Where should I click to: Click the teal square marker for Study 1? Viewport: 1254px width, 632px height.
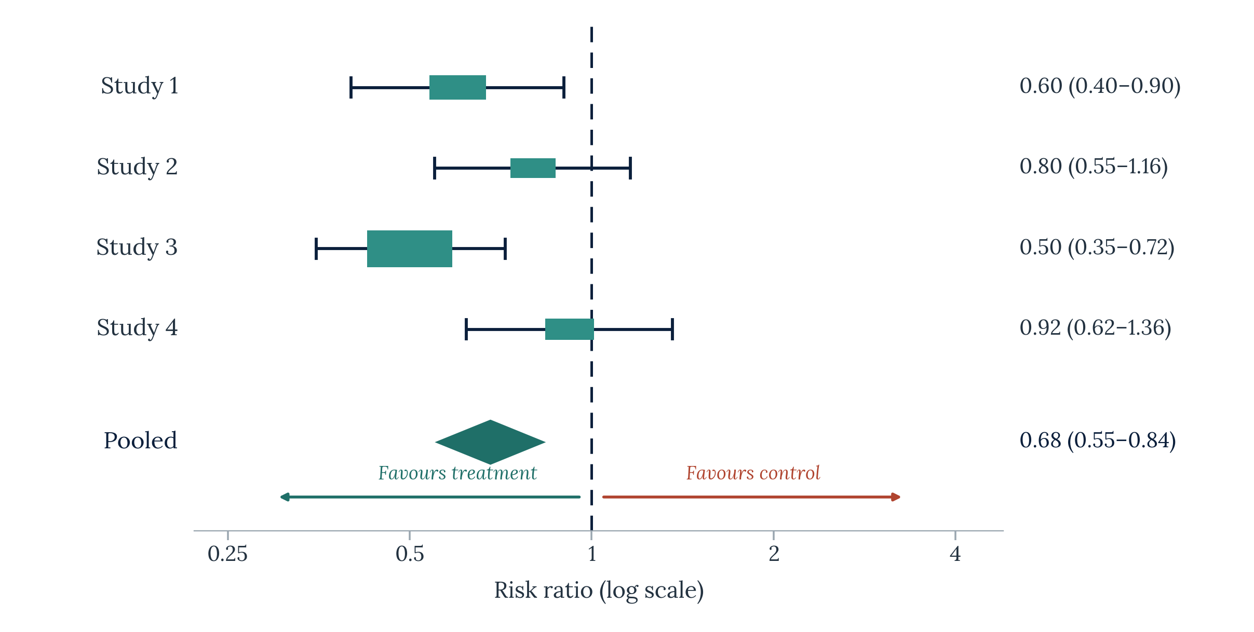coord(457,87)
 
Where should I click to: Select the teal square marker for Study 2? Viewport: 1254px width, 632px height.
coord(533,168)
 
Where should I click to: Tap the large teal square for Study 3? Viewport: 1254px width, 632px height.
coord(410,249)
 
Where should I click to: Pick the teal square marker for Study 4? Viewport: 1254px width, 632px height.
coord(570,329)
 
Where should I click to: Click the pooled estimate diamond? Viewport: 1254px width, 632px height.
coord(490,442)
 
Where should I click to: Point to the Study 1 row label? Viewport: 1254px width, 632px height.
coord(140,86)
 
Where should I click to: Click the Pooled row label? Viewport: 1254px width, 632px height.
coord(140,441)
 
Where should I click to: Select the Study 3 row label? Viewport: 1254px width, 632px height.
coord(137,248)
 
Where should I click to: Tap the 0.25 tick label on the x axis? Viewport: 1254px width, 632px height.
coord(227,554)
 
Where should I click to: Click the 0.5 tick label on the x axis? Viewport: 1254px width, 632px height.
coord(410,554)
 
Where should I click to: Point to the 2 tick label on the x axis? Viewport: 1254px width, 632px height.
coord(774,554)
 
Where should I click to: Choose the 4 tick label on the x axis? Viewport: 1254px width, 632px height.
coord(955,554)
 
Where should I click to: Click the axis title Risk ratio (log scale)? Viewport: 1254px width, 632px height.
coord(599,591)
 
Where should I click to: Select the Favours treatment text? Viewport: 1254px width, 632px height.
coord(457,473)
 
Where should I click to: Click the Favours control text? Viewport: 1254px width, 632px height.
coord(753,473)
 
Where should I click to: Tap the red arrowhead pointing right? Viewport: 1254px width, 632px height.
coord(896,497)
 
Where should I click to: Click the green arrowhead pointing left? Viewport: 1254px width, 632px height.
coord(285,497)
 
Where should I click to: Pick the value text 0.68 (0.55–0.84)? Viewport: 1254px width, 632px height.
coord(1098,441)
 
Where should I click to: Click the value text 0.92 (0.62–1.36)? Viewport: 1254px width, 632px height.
coord(1095,328)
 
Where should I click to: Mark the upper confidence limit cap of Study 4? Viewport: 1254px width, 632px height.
coord(672,329)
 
